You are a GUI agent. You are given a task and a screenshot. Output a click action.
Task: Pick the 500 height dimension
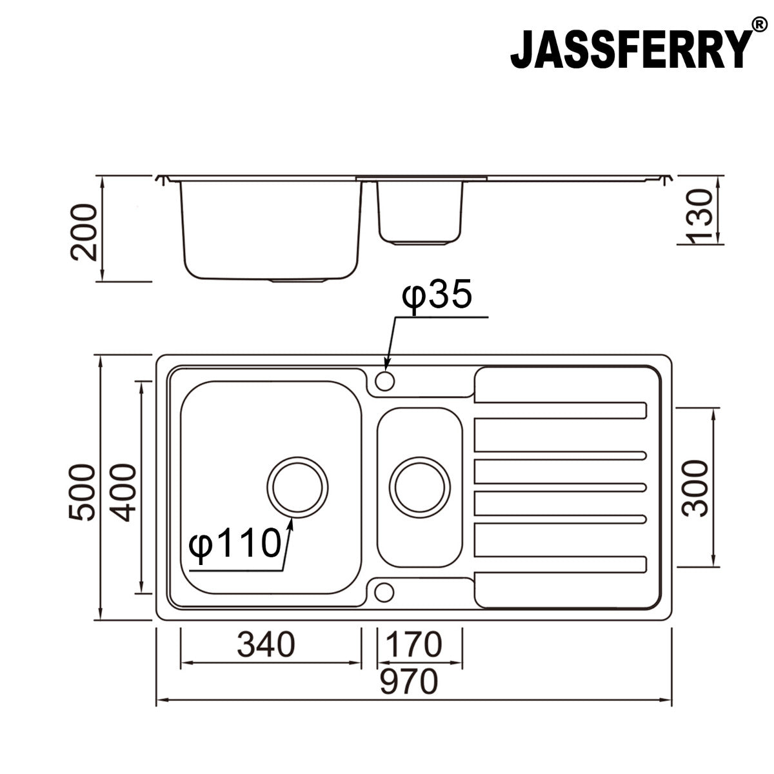(83, 491)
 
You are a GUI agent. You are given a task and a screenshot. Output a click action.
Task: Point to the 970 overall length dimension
(409, 681)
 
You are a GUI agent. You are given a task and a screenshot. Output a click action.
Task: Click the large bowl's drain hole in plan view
(298, 488)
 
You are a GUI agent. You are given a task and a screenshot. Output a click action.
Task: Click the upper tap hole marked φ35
(385, 381)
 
